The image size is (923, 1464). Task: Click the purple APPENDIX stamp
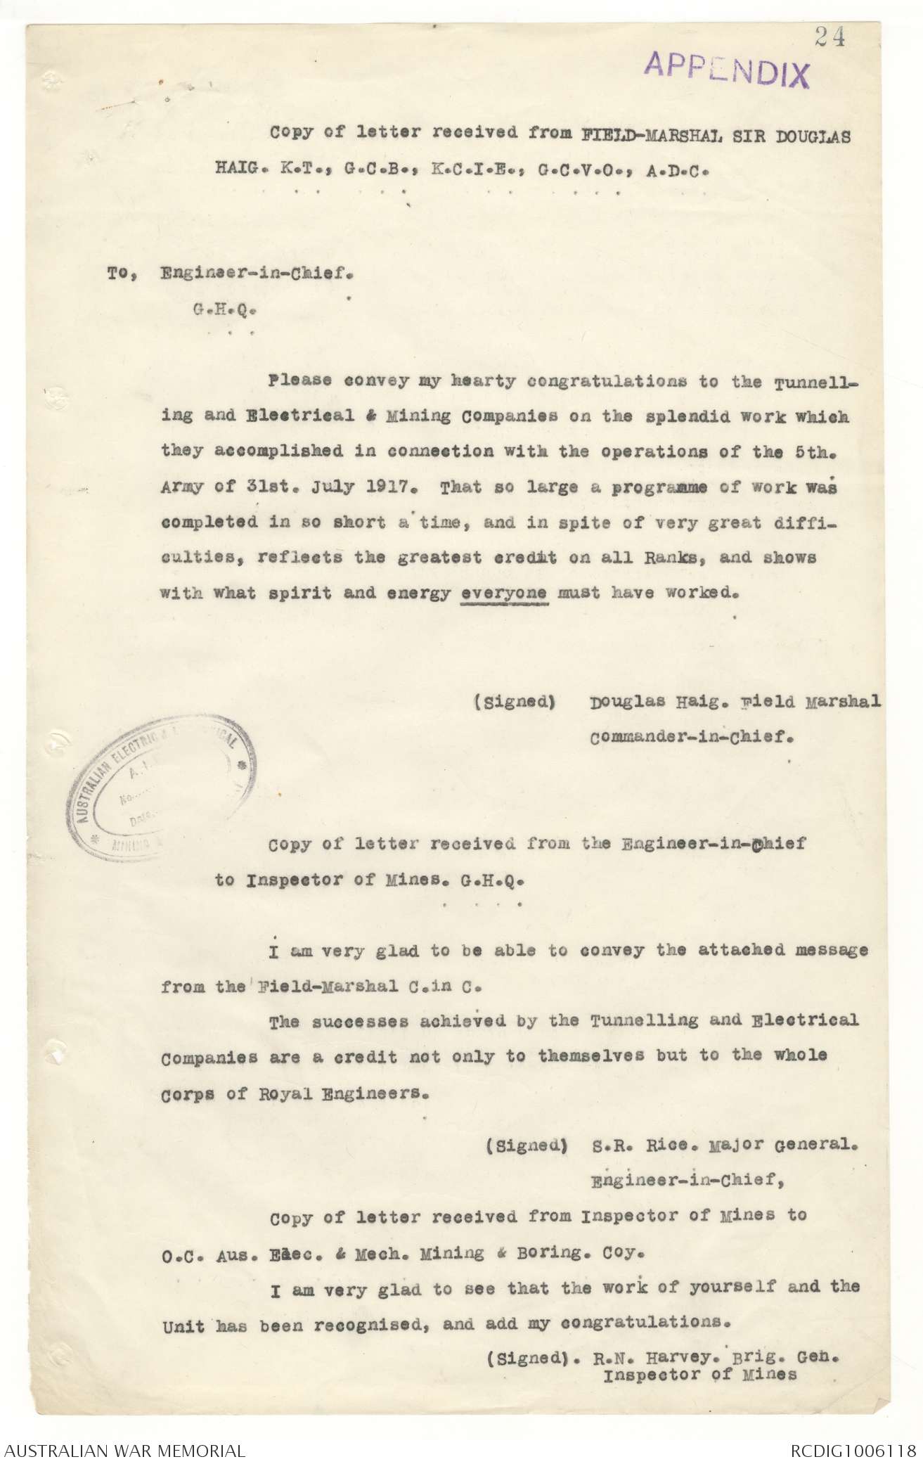pyautogui.click(x=727, y=71)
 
